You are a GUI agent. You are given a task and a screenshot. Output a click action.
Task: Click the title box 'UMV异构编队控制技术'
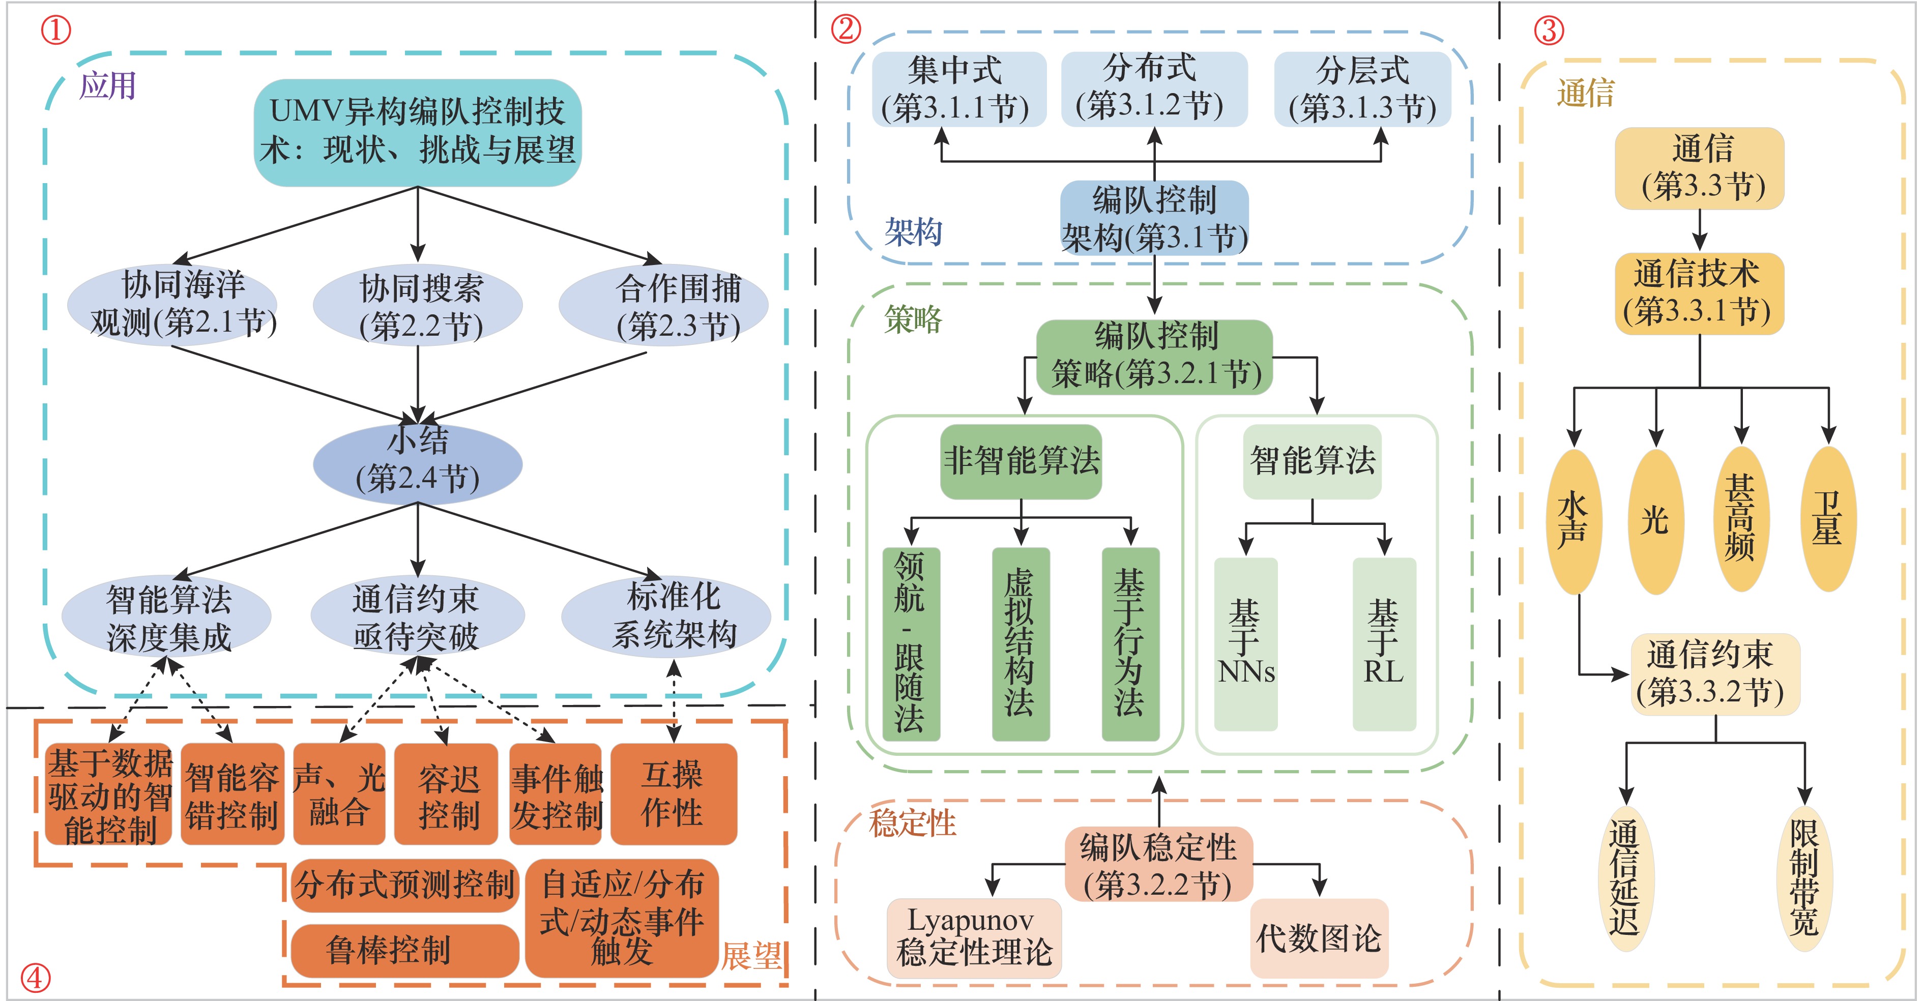click(x=417, y=132)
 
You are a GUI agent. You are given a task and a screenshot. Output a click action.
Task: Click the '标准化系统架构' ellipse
click(x=666, y=616)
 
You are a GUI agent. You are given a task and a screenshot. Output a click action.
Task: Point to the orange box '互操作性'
click(x=674, y=793)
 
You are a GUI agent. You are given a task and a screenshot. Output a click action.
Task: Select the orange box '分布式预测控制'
click(x=404, y=885)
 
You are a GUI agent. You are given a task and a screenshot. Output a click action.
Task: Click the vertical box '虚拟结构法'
click(x=1021, y=643)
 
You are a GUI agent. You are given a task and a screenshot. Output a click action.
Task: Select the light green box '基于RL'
click(x=1384, y=643)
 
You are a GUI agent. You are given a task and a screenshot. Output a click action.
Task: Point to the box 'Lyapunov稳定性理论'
click(x=973, y=937)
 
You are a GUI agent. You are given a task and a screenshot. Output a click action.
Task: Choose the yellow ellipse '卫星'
click(x=1828, y=519)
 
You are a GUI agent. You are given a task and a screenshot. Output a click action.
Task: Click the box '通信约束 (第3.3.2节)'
click(x=1715, y=674)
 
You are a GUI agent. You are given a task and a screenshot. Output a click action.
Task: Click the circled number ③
click(x=1549, y=31)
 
